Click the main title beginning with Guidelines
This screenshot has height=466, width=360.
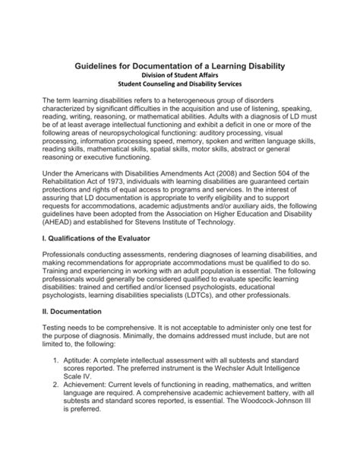click(x=179, y=67)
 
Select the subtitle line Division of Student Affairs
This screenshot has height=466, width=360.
click(x=179, y=78)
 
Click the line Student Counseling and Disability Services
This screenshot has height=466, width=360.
click(x=179, y=87)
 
